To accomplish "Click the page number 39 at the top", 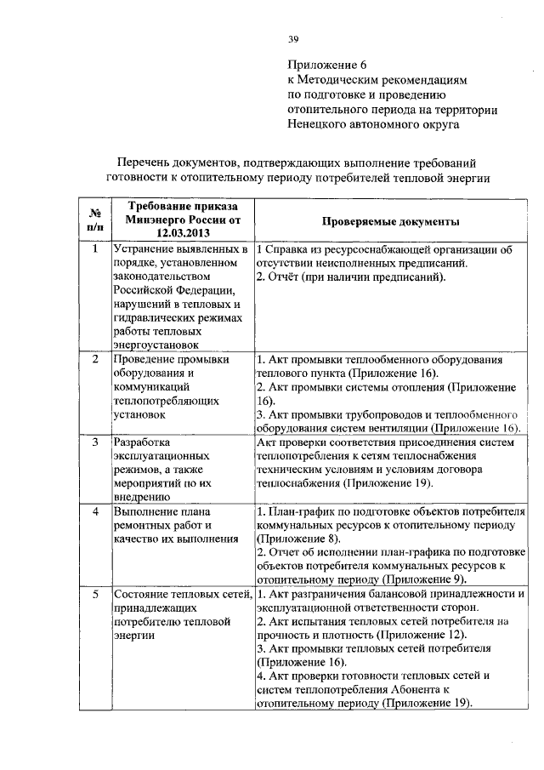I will (x=293, y=38).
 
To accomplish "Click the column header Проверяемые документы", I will (x=391, y=220).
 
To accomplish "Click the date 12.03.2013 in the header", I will (x=182, y=232).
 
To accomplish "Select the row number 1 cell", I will (x=94, y=250).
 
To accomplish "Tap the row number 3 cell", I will (x=94, y=443).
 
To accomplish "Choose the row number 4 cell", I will (x=94, y=512).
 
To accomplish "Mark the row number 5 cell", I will (x=94, y=594).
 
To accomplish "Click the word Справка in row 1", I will (x=287, y=250).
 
